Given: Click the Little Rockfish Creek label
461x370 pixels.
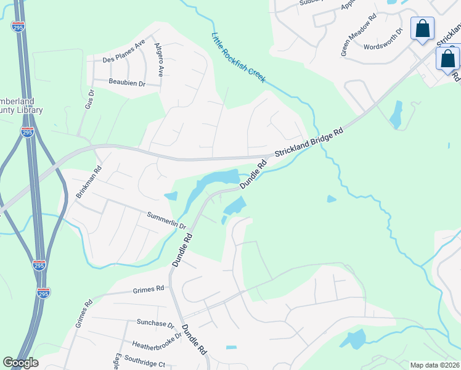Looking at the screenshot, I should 239,58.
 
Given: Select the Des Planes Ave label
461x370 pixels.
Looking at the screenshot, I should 123,59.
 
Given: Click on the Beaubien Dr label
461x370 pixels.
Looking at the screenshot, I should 126,83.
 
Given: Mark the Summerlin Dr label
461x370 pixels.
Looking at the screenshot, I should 166,220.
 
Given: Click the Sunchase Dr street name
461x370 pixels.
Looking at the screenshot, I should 155,323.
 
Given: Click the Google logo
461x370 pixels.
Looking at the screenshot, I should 20,363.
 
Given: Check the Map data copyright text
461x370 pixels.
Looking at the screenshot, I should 435,365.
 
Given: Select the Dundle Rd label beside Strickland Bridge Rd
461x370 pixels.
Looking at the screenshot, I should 253,175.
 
